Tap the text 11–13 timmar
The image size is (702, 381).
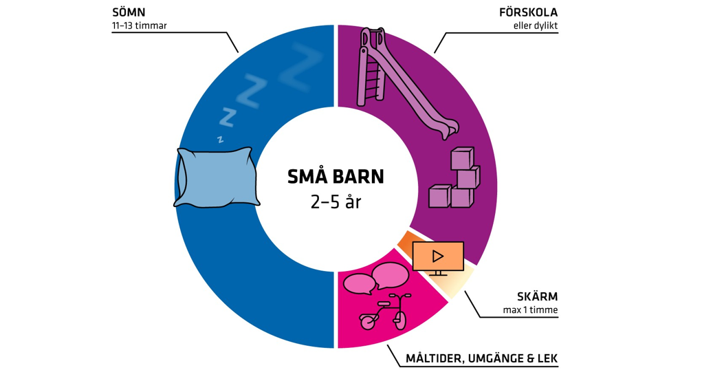139,26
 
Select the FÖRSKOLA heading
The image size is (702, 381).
528,13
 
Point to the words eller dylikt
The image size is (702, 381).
536,26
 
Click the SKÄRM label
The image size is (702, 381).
537,297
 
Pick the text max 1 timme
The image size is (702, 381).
530,310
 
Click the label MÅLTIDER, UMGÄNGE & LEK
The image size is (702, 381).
481,359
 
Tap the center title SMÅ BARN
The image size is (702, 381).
336,177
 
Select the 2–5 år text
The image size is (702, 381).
336,203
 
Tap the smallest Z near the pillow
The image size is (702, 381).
220,138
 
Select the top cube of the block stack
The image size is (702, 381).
462,159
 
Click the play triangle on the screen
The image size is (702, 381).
438,257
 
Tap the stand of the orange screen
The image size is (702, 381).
438,273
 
